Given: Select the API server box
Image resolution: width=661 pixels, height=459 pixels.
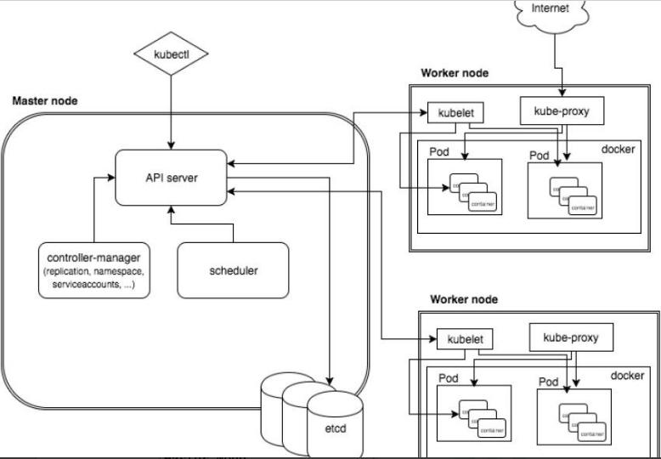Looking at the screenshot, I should click(172, 177).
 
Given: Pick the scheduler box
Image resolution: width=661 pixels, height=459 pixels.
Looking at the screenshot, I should click(233, 271).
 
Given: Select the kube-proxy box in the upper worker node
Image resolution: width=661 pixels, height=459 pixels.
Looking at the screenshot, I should click(560, 110).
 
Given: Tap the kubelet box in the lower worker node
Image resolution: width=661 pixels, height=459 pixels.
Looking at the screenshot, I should click(463, 339).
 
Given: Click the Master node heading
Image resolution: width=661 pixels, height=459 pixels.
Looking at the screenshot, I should click(44, 101).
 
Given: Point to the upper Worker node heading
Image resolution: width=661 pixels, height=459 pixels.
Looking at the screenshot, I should click(455, 72).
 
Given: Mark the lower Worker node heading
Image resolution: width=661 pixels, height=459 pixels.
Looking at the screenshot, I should click(464, 299).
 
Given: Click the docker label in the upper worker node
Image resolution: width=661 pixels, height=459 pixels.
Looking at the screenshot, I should click(619, 149).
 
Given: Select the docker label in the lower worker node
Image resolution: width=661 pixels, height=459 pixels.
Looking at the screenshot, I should click(628, 375).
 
